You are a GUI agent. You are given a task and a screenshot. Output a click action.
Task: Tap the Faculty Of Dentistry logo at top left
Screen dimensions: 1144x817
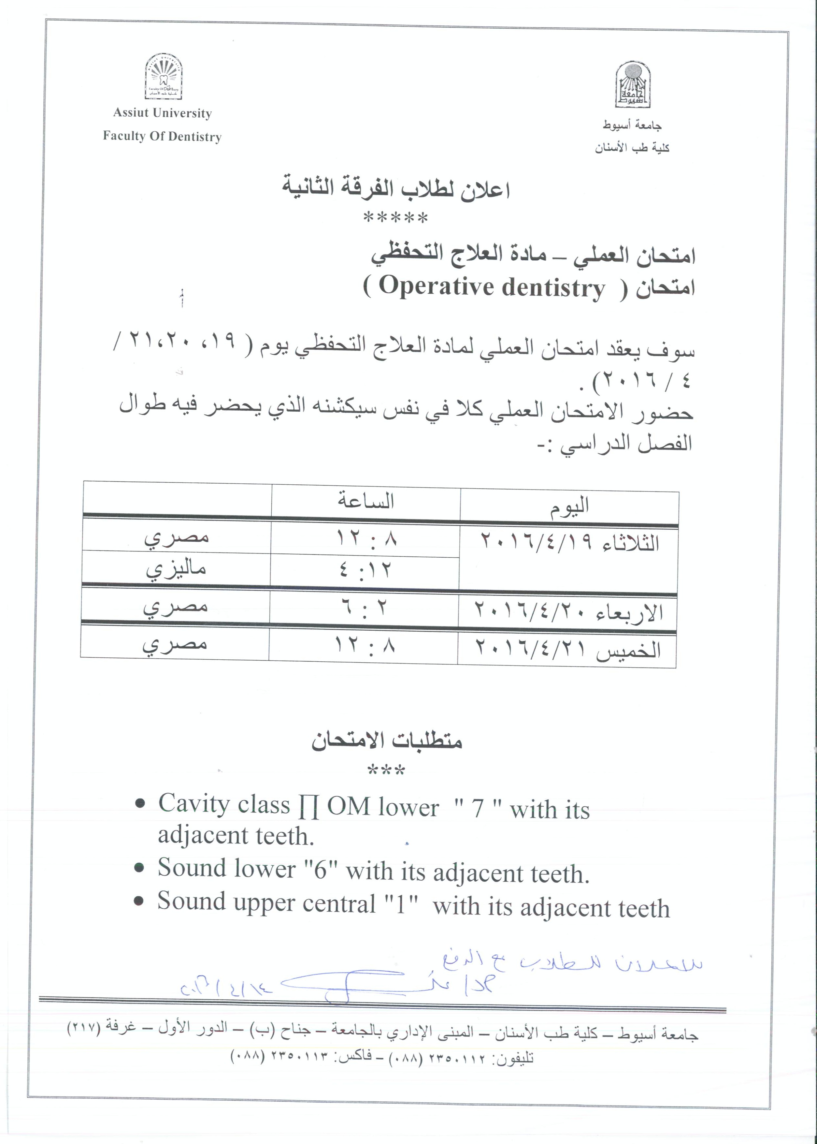pyautogui.click(x=164, y=78)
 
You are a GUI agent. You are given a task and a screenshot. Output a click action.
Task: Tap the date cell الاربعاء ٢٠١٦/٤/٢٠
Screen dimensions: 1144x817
pyautogui.click(x=568, y=612)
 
